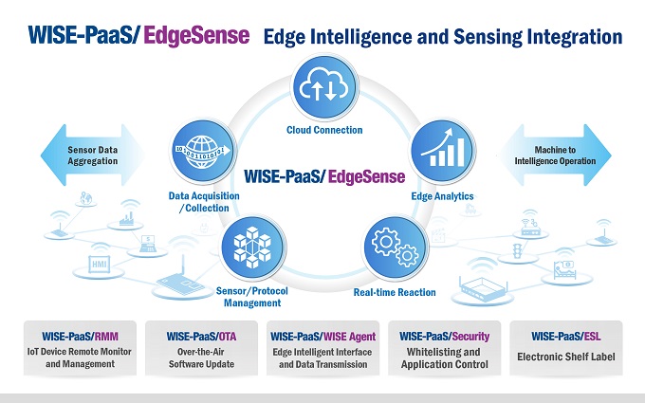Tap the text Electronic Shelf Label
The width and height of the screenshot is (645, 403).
click(x=566, y=357)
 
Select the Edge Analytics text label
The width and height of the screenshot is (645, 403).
click(x=441, y=196)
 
